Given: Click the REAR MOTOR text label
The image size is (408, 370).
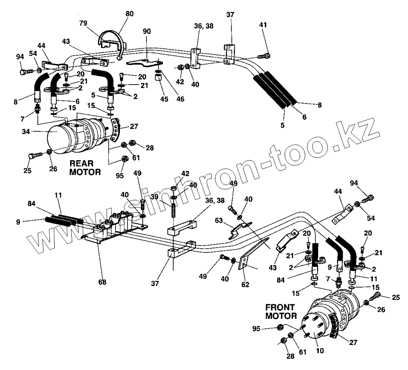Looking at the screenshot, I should pyautogui.click(x=85, y=168).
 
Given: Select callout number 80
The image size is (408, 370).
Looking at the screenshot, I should pyautogui.click(x=129, y=14).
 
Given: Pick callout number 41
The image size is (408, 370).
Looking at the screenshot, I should pyautogui.click(x=263, y=25).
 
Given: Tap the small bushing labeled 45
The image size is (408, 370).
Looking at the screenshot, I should pyautogui.click(x=158, y=79).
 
